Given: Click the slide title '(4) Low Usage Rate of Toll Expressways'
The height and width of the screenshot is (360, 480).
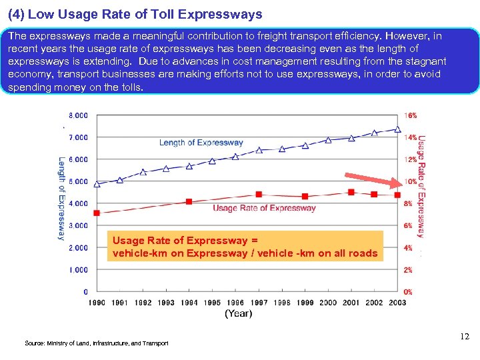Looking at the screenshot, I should click(x=135, y=14).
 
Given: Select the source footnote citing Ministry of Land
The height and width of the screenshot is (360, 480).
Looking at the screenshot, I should click(x=97, y=343).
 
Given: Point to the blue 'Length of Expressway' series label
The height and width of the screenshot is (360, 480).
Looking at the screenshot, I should click(x=201, y=142).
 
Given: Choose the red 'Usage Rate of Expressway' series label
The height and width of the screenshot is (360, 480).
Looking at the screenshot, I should click(x=264, y=208).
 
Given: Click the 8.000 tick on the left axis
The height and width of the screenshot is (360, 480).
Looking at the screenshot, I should click(x=77, y=115).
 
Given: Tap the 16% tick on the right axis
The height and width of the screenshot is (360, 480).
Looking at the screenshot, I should click(x=411, y=115).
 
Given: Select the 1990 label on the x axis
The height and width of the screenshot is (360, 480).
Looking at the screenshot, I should click(x=97, y=303).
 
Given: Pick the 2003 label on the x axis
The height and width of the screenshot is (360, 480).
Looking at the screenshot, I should click(x=398, y=303).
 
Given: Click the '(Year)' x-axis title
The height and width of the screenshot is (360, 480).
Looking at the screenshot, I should click(x=238, y=313).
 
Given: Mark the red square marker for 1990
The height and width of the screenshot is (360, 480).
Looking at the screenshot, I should click(x=97, y=213).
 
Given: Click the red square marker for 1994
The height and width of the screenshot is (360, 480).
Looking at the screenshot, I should click(x=189, y=201).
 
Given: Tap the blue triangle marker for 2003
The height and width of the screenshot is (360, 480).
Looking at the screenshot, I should click(x=398, y=129).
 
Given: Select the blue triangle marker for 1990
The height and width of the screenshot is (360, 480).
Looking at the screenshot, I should click(x=97, y=184).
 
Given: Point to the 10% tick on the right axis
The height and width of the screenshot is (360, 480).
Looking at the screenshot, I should click(x=411, y=181).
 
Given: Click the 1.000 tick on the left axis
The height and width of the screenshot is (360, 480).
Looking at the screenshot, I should click(x=77, y=270).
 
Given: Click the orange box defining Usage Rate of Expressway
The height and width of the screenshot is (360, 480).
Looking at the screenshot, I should click(x=245, y=247).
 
